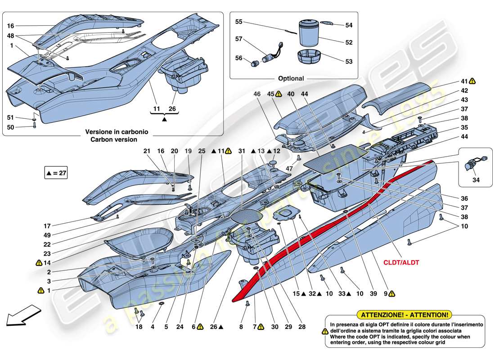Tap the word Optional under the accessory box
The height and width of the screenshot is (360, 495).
(x=291, y=78)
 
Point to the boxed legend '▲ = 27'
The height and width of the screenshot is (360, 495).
(x=56, y=173)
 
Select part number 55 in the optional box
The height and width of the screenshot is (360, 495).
(x=239, y=22)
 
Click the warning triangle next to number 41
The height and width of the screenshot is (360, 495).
(x=472, y=81)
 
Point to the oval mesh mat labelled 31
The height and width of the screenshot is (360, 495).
(x=247, y=215)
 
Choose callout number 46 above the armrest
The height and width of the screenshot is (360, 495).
(x=257, y=94)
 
